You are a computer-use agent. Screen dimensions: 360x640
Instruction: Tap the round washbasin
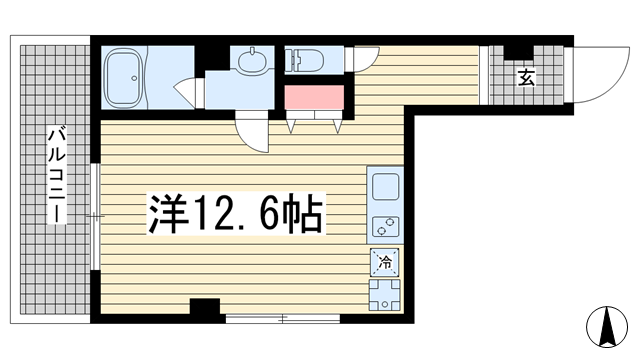[x=251, y=62]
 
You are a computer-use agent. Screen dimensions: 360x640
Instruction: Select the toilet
[x=304, y=61]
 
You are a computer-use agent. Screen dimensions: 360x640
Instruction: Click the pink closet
[x=314, y=99]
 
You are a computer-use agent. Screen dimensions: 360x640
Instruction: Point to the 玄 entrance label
[x=525, y=78]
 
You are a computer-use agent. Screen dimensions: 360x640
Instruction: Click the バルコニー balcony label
[x=56, y=176]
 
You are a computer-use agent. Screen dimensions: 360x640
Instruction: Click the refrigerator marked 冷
[x=384, y=264]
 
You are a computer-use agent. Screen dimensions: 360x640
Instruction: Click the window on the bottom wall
[x=283, y=318]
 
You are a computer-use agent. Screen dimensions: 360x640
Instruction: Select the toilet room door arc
[x=366, y=58]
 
